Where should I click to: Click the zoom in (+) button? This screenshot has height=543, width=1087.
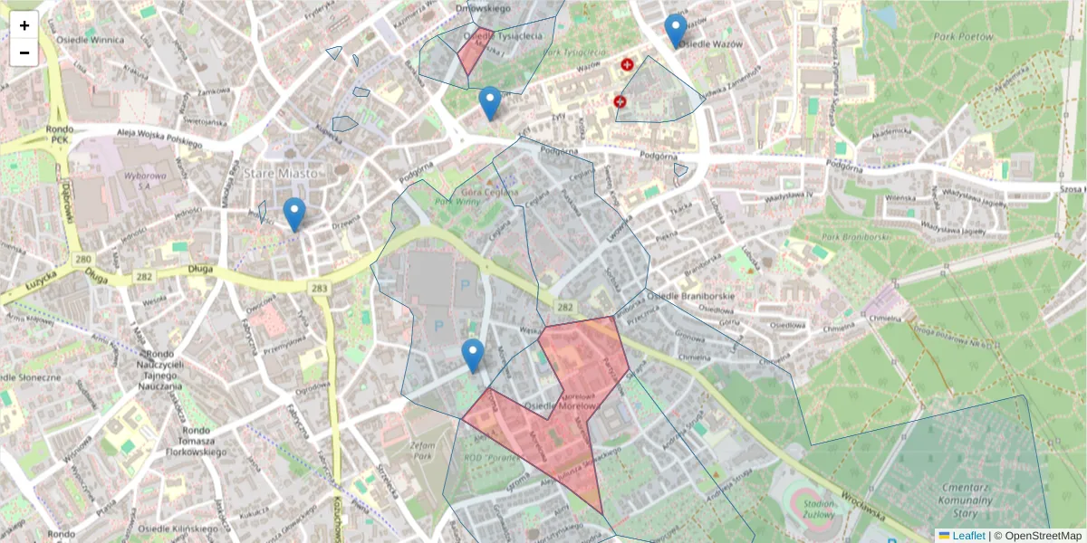pyautogui.click(x=24, y=25)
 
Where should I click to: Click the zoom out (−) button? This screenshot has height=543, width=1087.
pyautogui.click(x=24, y=52)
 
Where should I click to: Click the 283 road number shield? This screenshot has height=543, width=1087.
pyautogui.click(x=318, y=288)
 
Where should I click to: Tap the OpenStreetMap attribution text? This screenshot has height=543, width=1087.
pyautogui.click(x=1044, y=536)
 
